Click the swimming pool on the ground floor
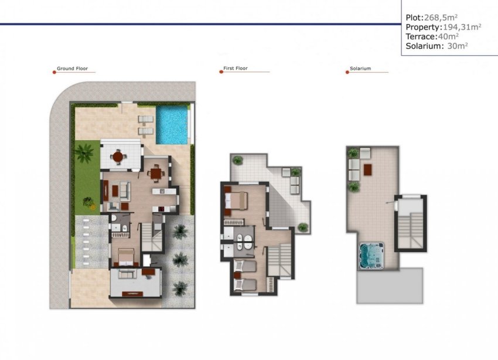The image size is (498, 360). (x=173, y=125)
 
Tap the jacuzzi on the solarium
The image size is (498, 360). (x=371, y=254)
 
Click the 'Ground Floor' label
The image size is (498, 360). (x=73, y=69)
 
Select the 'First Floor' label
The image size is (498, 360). (x=236, y=69)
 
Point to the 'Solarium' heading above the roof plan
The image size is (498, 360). (x=361, y=69)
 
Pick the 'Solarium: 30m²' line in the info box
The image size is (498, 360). (x=436, y=46)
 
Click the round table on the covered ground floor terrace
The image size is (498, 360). (x=119, y=157)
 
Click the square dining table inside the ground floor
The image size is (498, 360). (x=155, y=172)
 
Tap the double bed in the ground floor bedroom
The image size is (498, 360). (x=127, y=257)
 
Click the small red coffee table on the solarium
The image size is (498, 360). (x=367, y=169)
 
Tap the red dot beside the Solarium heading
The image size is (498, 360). (x=347, y=72)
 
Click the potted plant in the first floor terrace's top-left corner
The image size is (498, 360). (x=237, y=159)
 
